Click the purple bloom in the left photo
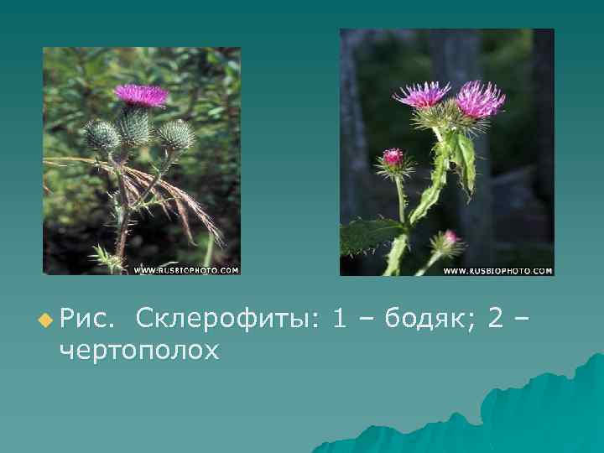pyautogui.click(x=141, y=95)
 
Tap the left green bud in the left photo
pyautogui.click(x=103, y=136)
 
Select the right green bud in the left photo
pyautogui.click(x=175, y=133)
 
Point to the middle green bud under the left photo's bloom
pyautogui.click(x=135, y=126)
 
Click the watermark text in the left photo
pyautogui.click(x=186, y=270)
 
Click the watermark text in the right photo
pyautogui.click(x=497, y=271)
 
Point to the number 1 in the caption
pyautogui.click(x=340, y=320)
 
